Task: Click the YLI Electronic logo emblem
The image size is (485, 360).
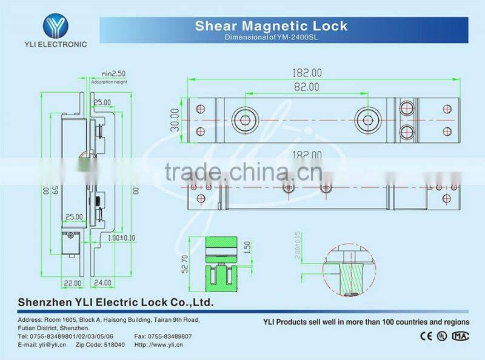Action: point(64,25)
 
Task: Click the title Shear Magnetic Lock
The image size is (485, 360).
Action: point(271,26)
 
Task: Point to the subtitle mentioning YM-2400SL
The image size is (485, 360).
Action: point(271,37)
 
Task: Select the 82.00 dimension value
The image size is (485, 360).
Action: point(306,87)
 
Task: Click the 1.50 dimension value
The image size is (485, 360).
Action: point(247,248)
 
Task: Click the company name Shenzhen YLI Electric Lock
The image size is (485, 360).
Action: point(116,302)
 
